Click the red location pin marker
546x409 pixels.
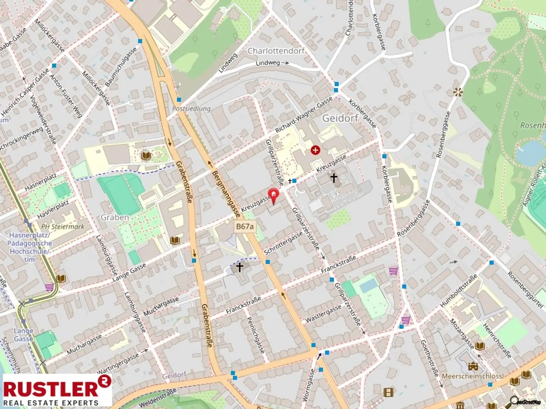pyautogui.click(x=273, y=195)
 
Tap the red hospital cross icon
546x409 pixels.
pyautogui.click(x=315, y=150)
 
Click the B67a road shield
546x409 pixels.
pyautogui.click(x=245, y=227)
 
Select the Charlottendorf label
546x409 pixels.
pyautogui.click(x=276, y=51)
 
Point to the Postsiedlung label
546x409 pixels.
pyautogui.click(x=191, y=109)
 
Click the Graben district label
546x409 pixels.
pyautogui.click(x=115, y=217)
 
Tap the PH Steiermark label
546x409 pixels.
pyautogui.click(x=63, y=227)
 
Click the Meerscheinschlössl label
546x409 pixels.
pyautogui.click(x=473, y=376)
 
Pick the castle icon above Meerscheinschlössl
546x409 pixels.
pyautogui.click(x=472, y=366)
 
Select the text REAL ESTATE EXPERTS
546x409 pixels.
pyautogui.click(x=51, y=403)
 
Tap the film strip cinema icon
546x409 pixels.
pyautogui.click(x=389, y=392)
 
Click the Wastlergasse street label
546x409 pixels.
pyautogui.click(x=323, y=314)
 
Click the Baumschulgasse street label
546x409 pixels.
pyautogui.click(x=121, y=67)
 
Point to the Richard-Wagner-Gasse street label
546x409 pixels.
pyautogui.click(x=304, y=115)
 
